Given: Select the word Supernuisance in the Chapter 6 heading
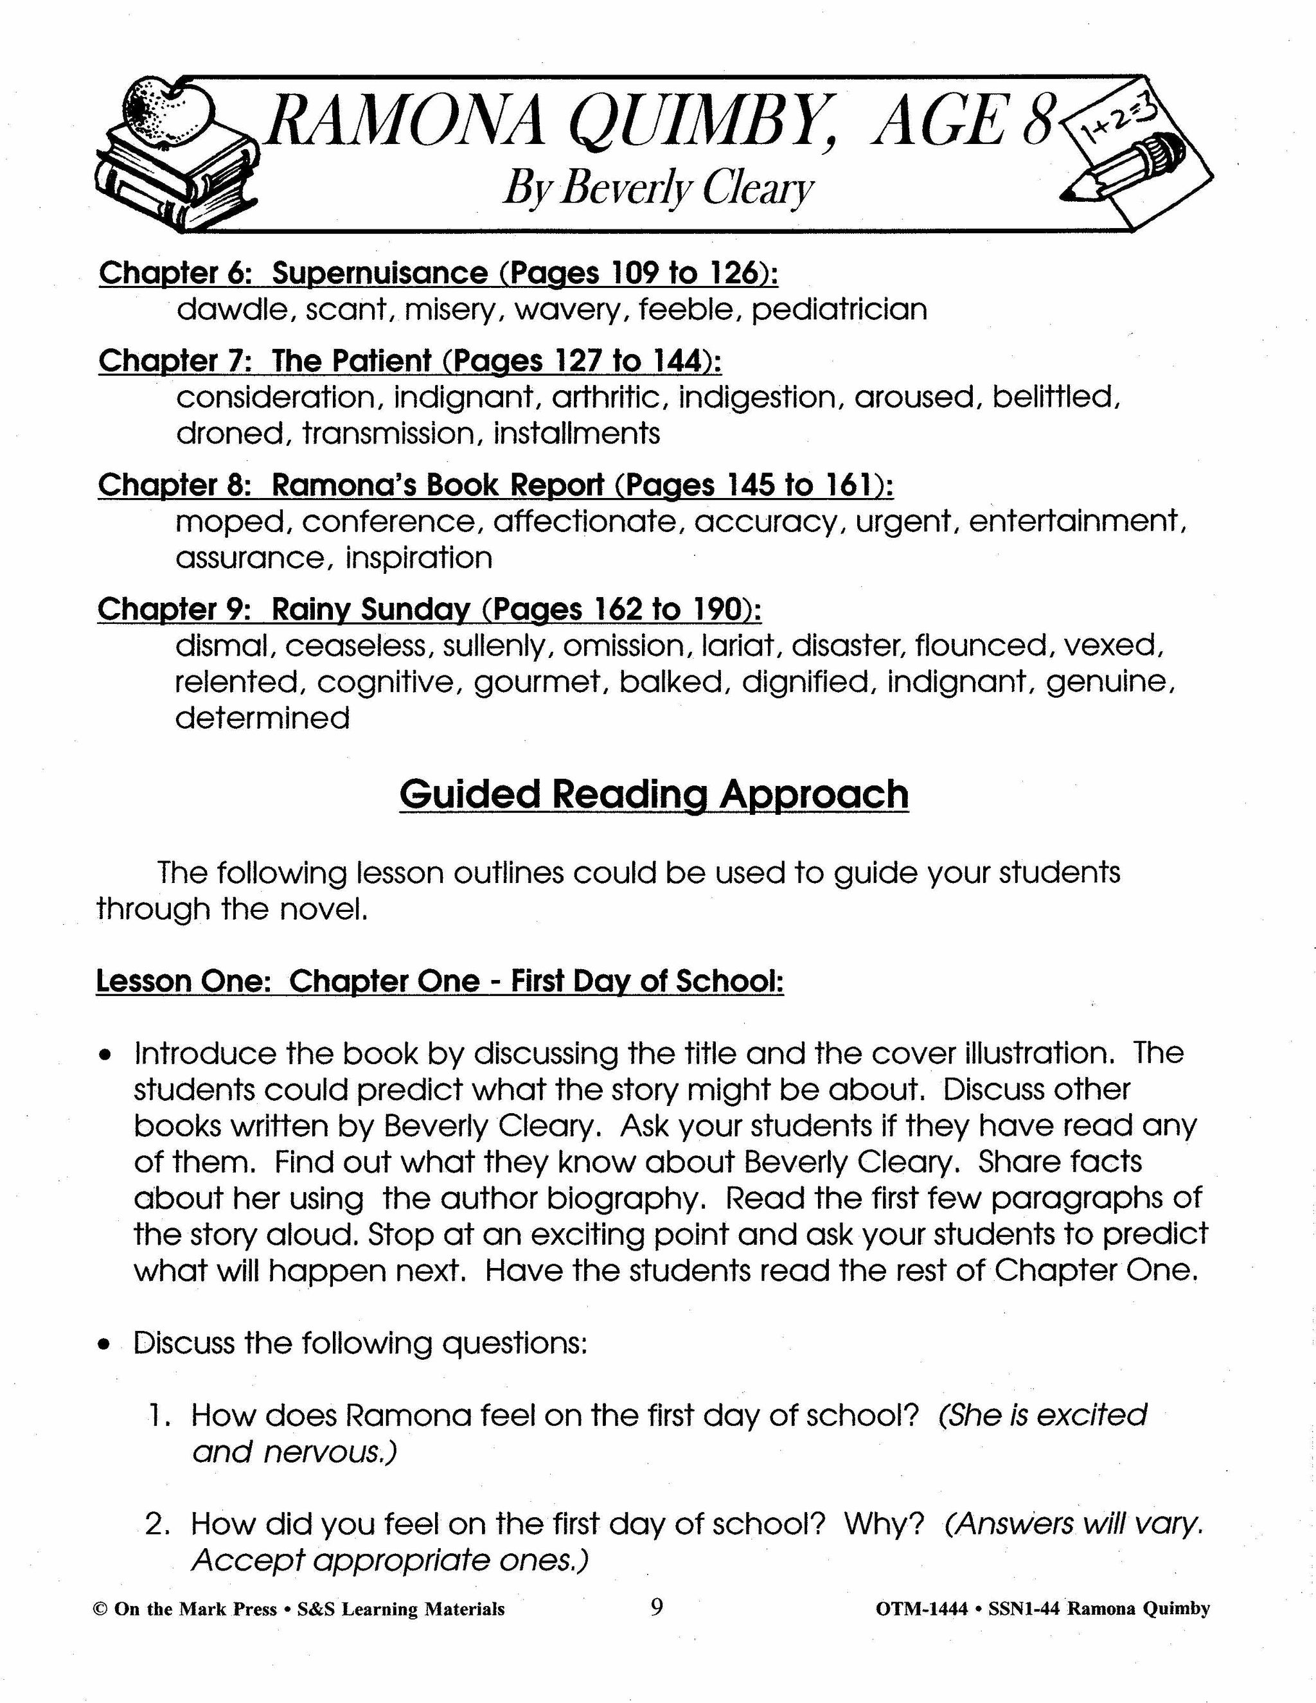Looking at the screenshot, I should (x=380, y=273).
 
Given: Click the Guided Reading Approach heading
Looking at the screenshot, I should (x=654, y=794).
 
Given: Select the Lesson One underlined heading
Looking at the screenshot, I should (x=440, y=981).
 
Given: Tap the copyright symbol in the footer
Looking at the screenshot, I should (x=99, y=1609).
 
